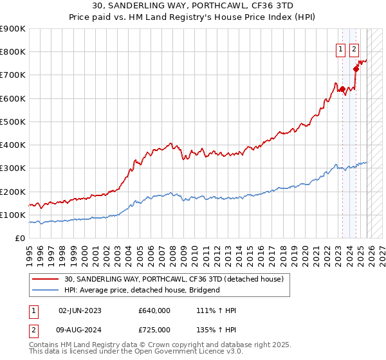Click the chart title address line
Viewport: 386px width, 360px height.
(192, 6)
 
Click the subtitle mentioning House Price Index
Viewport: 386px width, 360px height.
(192, 17)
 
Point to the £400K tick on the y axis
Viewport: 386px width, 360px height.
(12, 145)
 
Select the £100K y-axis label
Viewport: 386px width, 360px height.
(12, 215)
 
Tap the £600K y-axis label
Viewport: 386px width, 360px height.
(12, 98)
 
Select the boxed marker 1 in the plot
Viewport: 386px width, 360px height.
(340, 47)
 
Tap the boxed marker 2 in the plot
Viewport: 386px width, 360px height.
(354, 47)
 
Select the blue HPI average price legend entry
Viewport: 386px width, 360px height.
(142, 290)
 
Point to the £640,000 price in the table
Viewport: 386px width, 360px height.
(154, 310)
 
